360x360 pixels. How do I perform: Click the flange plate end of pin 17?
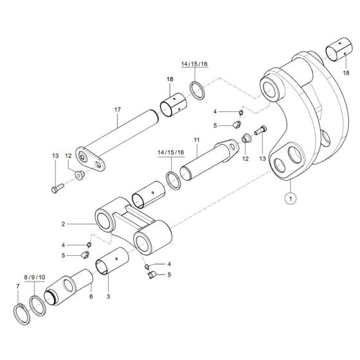click(90, 160)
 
